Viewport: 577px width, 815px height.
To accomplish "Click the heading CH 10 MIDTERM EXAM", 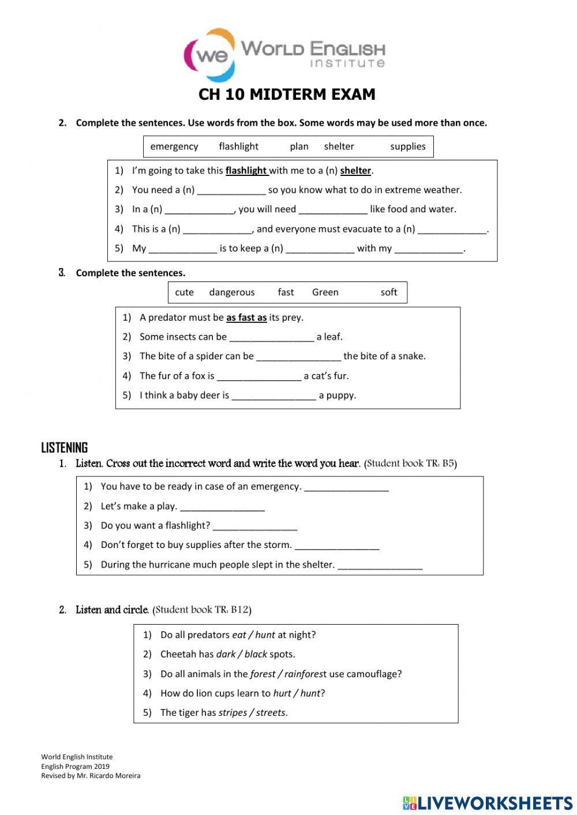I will click(x=287, y=95).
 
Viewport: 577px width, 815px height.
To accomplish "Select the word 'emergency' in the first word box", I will click(x=174, y=147).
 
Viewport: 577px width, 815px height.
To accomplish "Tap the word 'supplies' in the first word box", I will click(x=407, y=147).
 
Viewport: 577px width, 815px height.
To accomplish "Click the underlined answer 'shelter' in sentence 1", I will click(x=355, y=171).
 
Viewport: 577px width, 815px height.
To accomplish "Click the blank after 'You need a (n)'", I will click(x=231, y=190).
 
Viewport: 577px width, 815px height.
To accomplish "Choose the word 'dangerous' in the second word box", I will click(x=232, y=292).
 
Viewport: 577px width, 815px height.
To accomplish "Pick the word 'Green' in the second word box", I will click(x=325, y=292).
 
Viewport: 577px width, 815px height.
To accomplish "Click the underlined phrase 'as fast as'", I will click(x=246, y=318).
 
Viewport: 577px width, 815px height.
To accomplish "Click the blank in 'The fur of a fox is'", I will click(x=259, y=377).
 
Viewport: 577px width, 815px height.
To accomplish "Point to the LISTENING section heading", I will click(x=65, y=448).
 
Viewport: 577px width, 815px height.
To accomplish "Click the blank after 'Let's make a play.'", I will click(x=222, y=507).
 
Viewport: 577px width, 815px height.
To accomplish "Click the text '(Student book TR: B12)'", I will click(x=202, y=610).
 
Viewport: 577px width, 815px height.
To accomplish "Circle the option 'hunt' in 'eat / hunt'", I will click(x=265, y=635).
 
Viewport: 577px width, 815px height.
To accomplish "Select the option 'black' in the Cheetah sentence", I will click(x=256, y=655).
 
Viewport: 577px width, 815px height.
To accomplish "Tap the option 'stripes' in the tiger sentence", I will click(x=233, y=713).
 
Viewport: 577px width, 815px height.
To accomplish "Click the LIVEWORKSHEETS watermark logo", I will click(x=488, y=803).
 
